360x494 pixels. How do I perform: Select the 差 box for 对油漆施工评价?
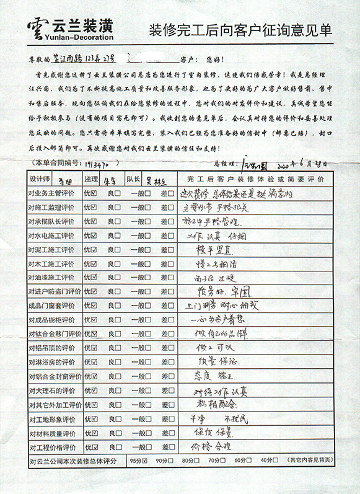(171, 277)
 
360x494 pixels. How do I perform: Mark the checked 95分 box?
(144, 461)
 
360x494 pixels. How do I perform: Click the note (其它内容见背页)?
(310, 461)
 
